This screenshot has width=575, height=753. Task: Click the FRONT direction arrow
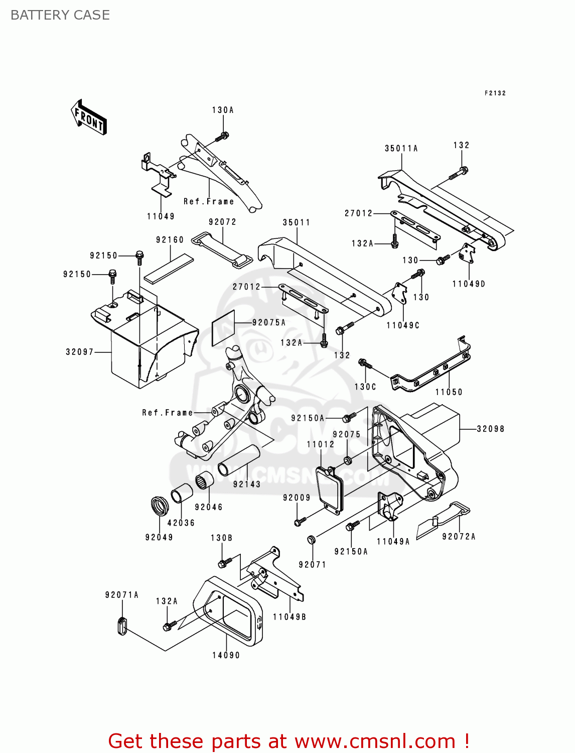89,117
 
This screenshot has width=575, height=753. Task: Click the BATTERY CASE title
60,15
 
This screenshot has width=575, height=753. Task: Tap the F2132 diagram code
495,93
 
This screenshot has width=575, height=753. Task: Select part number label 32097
80,352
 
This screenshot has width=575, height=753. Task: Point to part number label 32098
490,429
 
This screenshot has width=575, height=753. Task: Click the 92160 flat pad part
169,269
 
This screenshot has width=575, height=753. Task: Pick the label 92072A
459,537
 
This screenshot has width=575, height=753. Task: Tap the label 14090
226,655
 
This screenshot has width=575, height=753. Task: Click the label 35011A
401,149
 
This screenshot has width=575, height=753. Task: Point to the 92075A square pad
223,327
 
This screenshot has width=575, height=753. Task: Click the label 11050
449,392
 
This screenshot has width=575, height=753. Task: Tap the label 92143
246,484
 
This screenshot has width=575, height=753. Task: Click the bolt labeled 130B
224,562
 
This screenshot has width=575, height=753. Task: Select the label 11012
320,444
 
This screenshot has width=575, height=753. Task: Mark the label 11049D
469,284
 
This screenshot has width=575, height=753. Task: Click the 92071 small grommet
311,540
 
